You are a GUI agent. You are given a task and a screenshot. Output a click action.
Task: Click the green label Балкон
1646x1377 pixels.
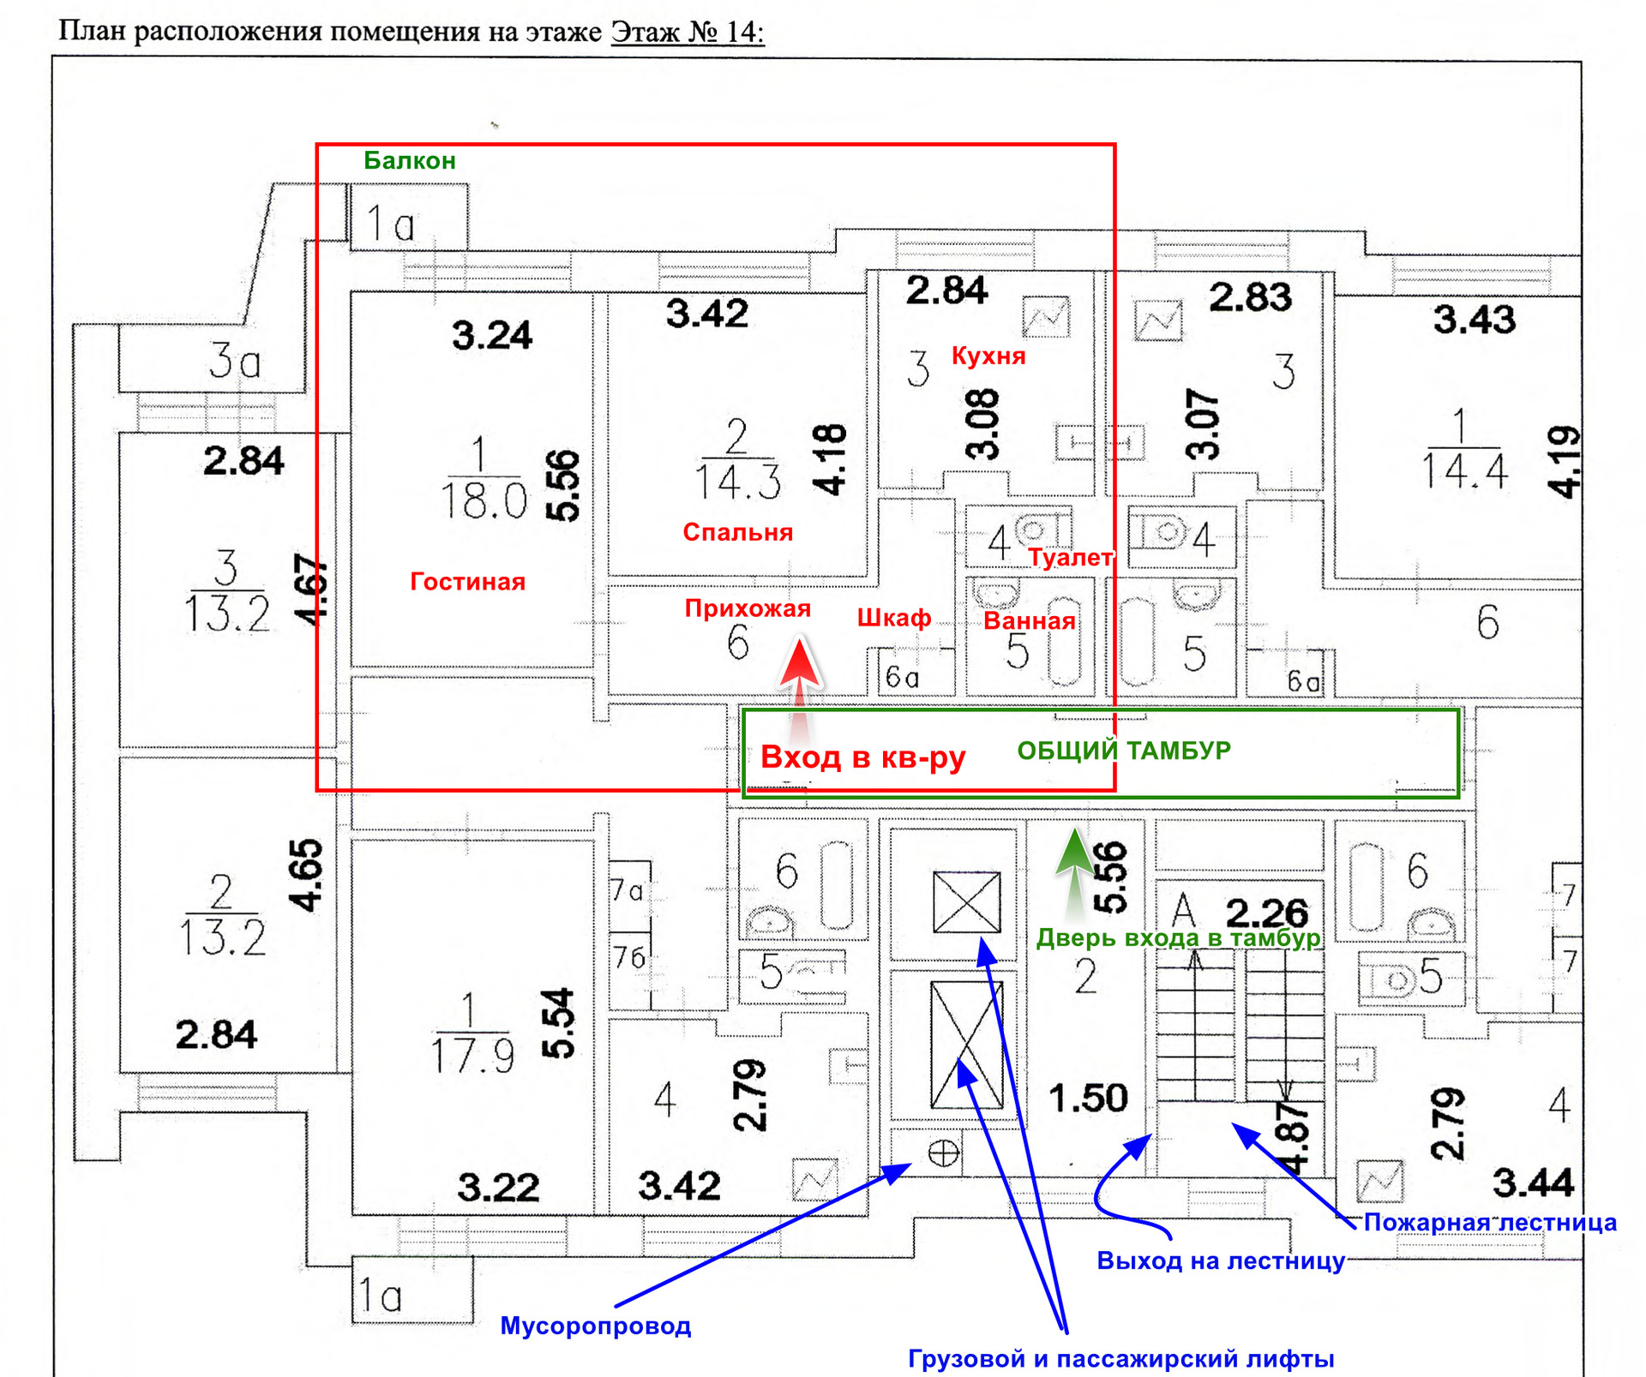409,161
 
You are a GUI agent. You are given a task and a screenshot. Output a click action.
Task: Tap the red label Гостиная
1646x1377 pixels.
467,582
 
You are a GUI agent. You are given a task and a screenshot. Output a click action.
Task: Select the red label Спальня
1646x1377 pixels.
737,532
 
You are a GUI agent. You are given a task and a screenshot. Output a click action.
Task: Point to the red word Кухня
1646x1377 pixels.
988,356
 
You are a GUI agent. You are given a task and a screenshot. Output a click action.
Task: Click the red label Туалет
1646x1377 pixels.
1070,558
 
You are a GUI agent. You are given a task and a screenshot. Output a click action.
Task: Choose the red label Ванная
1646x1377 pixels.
1029,621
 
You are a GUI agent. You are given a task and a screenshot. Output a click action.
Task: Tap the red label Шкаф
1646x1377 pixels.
894,618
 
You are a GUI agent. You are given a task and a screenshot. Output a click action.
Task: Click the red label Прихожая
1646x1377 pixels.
748,608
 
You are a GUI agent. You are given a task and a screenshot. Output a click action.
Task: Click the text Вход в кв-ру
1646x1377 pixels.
862,757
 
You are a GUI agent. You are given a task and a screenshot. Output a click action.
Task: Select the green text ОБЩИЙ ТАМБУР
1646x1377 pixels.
1124,751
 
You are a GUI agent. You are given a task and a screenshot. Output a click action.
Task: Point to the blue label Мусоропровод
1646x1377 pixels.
595,1326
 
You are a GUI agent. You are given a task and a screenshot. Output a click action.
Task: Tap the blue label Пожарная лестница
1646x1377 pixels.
1490,1222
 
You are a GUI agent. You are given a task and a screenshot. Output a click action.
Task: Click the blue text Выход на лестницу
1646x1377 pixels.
1221,1260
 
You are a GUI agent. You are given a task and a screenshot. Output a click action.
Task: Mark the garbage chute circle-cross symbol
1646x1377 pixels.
943,1152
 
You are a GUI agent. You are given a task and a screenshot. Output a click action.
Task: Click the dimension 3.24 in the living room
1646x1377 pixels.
492,335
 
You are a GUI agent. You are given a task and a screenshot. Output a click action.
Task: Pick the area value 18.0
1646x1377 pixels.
484,500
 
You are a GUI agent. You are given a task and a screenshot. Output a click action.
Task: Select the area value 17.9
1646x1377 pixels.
472,1056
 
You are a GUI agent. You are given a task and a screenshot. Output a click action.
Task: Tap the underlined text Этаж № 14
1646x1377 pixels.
687,32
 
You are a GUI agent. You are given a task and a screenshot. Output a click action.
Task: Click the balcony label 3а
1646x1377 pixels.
234,361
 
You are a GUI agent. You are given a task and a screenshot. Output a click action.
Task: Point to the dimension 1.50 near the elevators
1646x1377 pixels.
1088,1098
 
